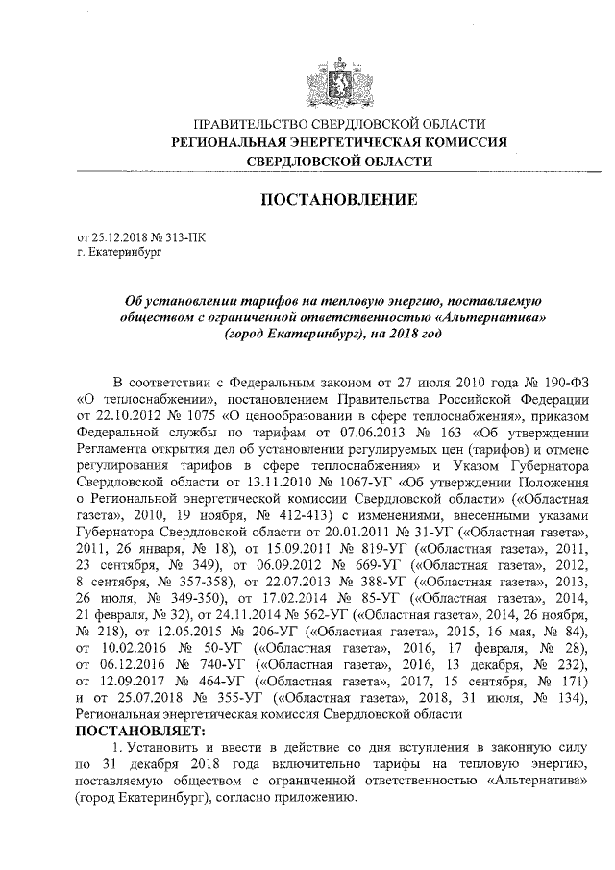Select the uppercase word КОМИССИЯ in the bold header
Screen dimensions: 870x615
[x=466, y=142]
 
